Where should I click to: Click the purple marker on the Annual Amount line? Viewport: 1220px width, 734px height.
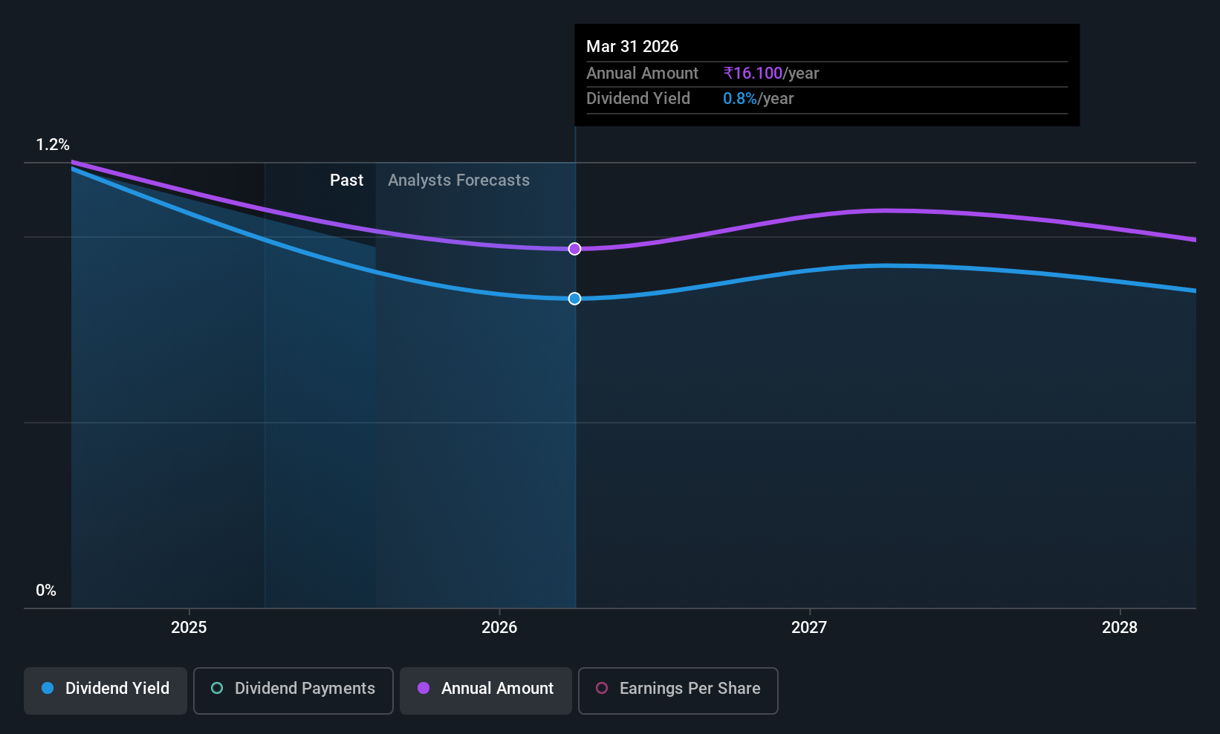point(574,249)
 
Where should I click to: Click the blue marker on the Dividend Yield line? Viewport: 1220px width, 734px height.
point(574,299)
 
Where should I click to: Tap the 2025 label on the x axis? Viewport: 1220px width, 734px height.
point(189,627)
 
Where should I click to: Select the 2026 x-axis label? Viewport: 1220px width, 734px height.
point(499,627)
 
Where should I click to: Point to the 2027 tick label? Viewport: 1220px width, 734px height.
point(809,627)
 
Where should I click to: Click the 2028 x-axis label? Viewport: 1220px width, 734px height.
point(1120,627)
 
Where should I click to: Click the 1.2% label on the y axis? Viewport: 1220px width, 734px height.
point(53,145)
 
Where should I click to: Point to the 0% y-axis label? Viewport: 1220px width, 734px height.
point(46,591)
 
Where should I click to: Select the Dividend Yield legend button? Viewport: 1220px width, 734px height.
point(105,690)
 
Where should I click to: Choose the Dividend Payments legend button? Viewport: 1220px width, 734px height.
point(293,690)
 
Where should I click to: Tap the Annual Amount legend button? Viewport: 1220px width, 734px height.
point(486,690)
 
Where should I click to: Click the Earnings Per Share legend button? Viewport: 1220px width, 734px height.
point(678,690)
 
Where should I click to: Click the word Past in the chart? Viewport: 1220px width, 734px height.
point(346,181)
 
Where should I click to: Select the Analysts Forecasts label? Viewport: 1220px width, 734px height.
point(458,181)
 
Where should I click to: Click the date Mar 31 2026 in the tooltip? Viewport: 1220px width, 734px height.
point(632,46)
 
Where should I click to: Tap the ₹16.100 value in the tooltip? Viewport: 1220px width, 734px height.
point(753,73)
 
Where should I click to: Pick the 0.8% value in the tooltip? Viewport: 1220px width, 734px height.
point(739,99)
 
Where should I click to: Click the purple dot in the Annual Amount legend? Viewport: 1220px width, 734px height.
point(424,688)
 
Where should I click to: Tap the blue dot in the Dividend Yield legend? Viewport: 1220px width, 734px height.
point(48,688)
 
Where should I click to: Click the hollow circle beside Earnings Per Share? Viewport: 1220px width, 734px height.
point(602,688)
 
